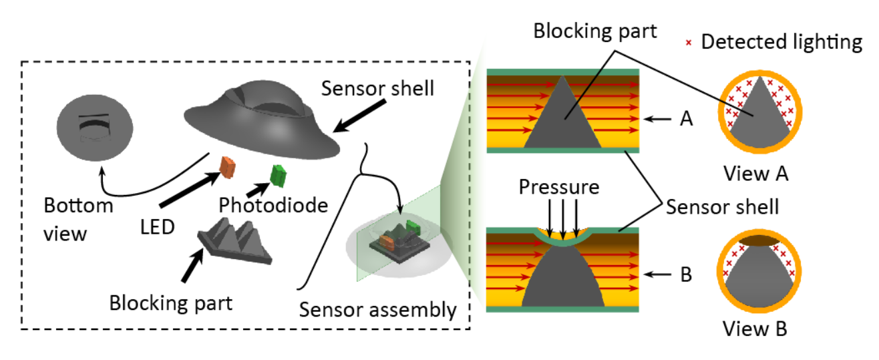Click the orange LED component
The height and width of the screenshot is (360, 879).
tap(228, 168)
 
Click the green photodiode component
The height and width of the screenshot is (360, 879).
tap(278, 176)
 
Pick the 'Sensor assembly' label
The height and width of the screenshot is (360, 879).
tap(378, 309)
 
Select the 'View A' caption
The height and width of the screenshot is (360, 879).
tap(756, 174)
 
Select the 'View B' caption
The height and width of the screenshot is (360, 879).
tap(756, 329)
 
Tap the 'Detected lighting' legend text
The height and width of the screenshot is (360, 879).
tap(781, 43)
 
